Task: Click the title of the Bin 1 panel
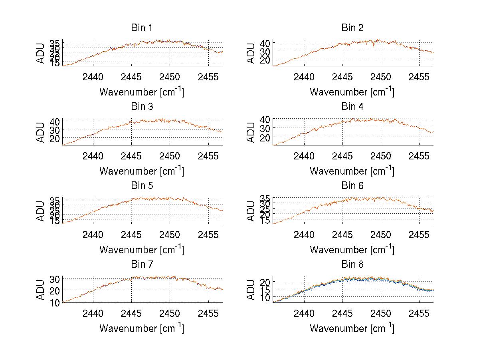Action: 142,28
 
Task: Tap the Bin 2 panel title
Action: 352,28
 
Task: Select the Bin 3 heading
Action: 142,107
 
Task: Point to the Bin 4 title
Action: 352,107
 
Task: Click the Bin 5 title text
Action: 142,186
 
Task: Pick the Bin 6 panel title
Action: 352,186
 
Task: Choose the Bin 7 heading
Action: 142,265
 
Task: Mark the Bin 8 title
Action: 352,265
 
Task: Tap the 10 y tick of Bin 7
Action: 54,302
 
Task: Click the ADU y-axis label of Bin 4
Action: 251,132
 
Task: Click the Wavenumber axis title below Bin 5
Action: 142,250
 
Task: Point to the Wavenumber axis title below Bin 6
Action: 352,250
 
